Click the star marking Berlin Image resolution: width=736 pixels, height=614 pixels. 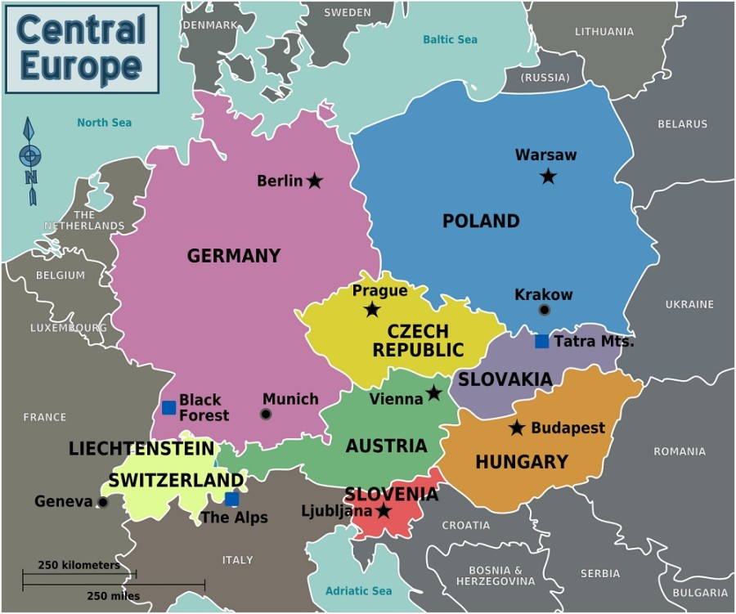click(x=315, y=181)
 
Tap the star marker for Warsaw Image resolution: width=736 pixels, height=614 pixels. click(x=548, y=176)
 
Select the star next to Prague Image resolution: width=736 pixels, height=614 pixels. click(x=372, y=309)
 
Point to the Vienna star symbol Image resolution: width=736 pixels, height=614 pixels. click(x=433, y=393)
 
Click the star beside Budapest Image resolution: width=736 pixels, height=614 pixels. click(x=517, y=428)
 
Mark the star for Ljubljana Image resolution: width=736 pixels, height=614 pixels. click(x=383, y=512)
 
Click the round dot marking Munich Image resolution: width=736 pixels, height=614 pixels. click(x=266, y=415)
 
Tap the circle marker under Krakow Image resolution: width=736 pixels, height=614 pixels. click(x=545, y=310)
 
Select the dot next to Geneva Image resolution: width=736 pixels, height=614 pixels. click(x=102, y=502)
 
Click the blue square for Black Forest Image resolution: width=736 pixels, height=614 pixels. click(x=168, y=407)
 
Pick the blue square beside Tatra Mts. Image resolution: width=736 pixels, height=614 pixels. click(x=541, y=341)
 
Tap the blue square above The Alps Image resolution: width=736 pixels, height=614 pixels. click(x=231, y=499)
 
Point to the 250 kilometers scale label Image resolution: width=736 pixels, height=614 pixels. click(x=79, y=565)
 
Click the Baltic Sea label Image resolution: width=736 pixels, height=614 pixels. click(x=450, y=39)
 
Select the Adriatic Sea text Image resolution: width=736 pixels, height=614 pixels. click(x=358, y=591)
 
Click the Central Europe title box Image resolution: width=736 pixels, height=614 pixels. click(x=82, y=48)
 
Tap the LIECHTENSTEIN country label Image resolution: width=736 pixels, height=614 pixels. click(x=141, y=449)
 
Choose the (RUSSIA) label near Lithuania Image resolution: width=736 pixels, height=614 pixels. click(x=545, y=78)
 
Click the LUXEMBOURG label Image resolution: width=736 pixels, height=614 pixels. click(x=69, y=328)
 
